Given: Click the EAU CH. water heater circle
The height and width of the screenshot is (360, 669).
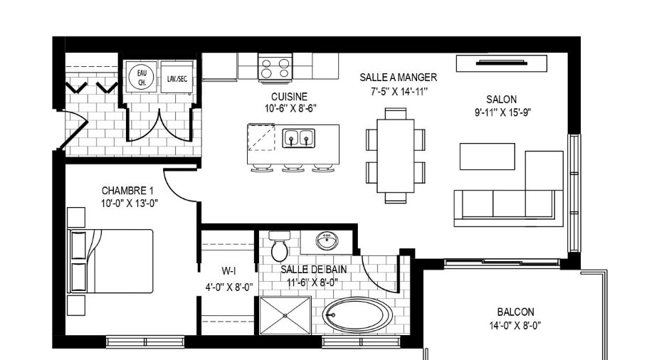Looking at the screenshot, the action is click(141, 77).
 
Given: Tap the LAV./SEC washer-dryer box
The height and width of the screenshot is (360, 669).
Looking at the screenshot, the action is click(177, 78).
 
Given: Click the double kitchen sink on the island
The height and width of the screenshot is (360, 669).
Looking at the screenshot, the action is click(298, 138).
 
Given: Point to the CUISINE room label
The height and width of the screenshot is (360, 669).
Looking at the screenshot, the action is click(289, 97).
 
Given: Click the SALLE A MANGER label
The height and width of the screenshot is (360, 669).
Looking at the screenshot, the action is click(398, 78).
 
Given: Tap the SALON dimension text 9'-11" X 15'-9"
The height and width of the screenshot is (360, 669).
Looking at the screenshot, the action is click(502, 112).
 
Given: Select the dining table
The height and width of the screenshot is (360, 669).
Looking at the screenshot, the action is click(396, 156).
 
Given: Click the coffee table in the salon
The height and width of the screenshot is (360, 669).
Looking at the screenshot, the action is click(488, 157).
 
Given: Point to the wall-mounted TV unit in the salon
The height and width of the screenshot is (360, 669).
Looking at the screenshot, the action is click(501, 63).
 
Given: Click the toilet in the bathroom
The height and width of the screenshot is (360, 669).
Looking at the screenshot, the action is click(280, 246).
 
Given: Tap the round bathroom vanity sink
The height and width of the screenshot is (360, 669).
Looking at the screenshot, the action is click(327, 241).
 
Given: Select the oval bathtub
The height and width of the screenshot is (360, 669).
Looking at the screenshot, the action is click(357, 315).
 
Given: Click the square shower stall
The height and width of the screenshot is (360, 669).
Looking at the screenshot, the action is click(285, 316).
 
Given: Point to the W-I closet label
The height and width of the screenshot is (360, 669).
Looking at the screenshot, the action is click(228, 270).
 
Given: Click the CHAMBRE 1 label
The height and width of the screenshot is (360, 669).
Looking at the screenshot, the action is click(127, 190).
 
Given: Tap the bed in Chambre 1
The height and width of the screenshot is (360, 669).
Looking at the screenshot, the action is click(110, 261).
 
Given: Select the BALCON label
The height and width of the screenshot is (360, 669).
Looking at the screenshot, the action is click(515, 312).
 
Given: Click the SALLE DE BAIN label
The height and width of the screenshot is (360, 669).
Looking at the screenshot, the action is click(314, 269).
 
